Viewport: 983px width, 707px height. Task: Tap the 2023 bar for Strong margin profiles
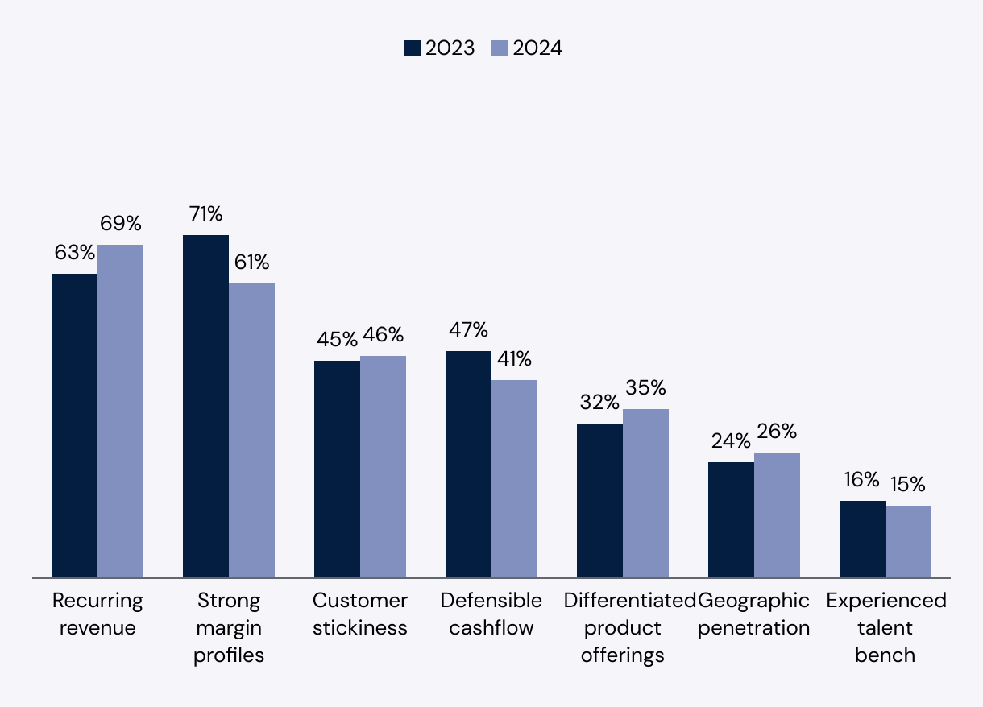205,406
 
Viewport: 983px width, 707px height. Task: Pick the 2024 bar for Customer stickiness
383,466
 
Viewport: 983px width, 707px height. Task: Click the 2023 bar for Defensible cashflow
468,464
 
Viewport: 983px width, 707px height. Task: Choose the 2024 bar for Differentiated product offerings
645,493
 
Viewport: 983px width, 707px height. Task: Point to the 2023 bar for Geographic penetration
731,519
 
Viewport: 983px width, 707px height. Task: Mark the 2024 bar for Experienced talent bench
908,541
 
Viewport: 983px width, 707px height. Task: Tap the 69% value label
121,223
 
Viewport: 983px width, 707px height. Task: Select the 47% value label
468,330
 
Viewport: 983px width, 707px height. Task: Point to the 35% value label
645,388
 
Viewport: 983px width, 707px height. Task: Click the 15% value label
907,485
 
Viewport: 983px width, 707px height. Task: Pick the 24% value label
731,441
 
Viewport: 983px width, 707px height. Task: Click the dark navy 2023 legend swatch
413,48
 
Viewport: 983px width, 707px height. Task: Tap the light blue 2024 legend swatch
500,48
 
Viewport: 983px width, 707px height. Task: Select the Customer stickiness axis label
360,614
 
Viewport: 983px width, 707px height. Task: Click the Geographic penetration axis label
753,614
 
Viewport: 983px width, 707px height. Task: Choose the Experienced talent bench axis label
886,627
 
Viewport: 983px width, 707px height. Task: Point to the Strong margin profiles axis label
229,627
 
